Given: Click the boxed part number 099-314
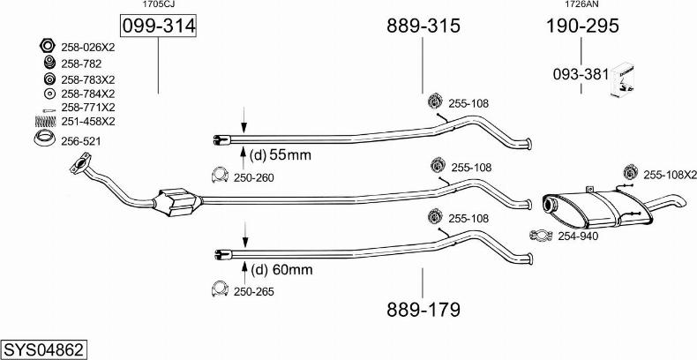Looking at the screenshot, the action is [158, 26].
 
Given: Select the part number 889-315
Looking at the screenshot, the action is [423, 26].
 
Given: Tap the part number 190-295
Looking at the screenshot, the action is [582, 26].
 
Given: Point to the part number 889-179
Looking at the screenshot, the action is [423, 310].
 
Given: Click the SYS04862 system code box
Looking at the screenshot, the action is [44, 349].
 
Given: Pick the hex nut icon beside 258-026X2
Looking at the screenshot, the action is [47, 45].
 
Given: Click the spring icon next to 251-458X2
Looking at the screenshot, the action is [45, 122].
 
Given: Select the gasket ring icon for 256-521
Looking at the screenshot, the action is [44, 139].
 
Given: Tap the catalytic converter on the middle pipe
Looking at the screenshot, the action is [177, 203].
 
